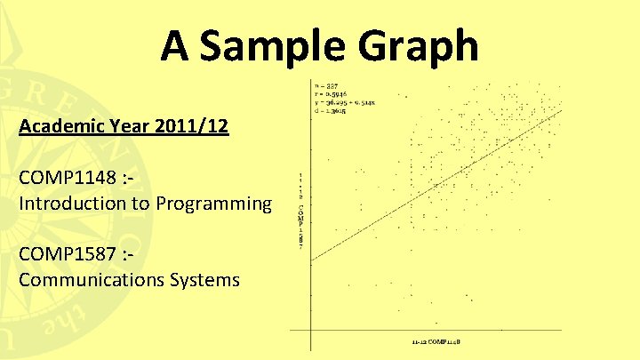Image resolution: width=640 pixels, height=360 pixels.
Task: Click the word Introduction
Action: [x=74, y=204]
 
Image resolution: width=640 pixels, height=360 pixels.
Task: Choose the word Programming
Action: [x=213, y=204]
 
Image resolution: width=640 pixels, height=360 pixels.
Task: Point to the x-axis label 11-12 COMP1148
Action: [x=436, y=340]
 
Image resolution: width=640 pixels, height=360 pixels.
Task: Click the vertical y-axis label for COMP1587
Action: [x=301, y=210]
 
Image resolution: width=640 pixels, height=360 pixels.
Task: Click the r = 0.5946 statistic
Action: [x=331, y=94]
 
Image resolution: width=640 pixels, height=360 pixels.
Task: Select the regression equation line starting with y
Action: [x=345, y=103]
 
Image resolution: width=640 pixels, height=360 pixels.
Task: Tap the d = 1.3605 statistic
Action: [x=331, y=111]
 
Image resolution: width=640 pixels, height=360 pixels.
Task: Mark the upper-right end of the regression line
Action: [x=562, y=109]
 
